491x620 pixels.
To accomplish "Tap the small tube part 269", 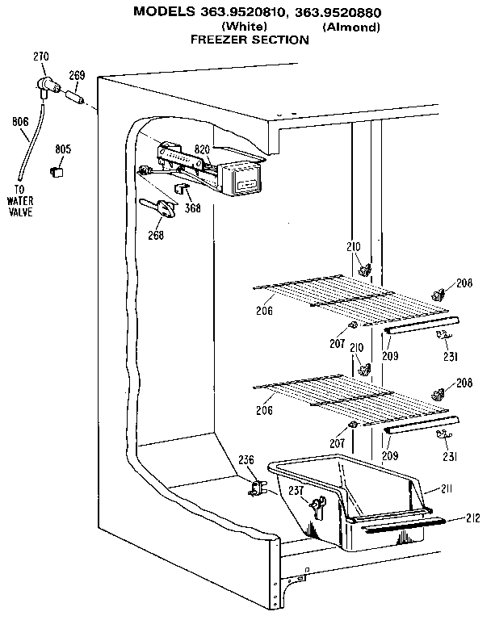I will coord(76,98).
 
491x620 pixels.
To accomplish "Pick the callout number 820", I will coord(202,149).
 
